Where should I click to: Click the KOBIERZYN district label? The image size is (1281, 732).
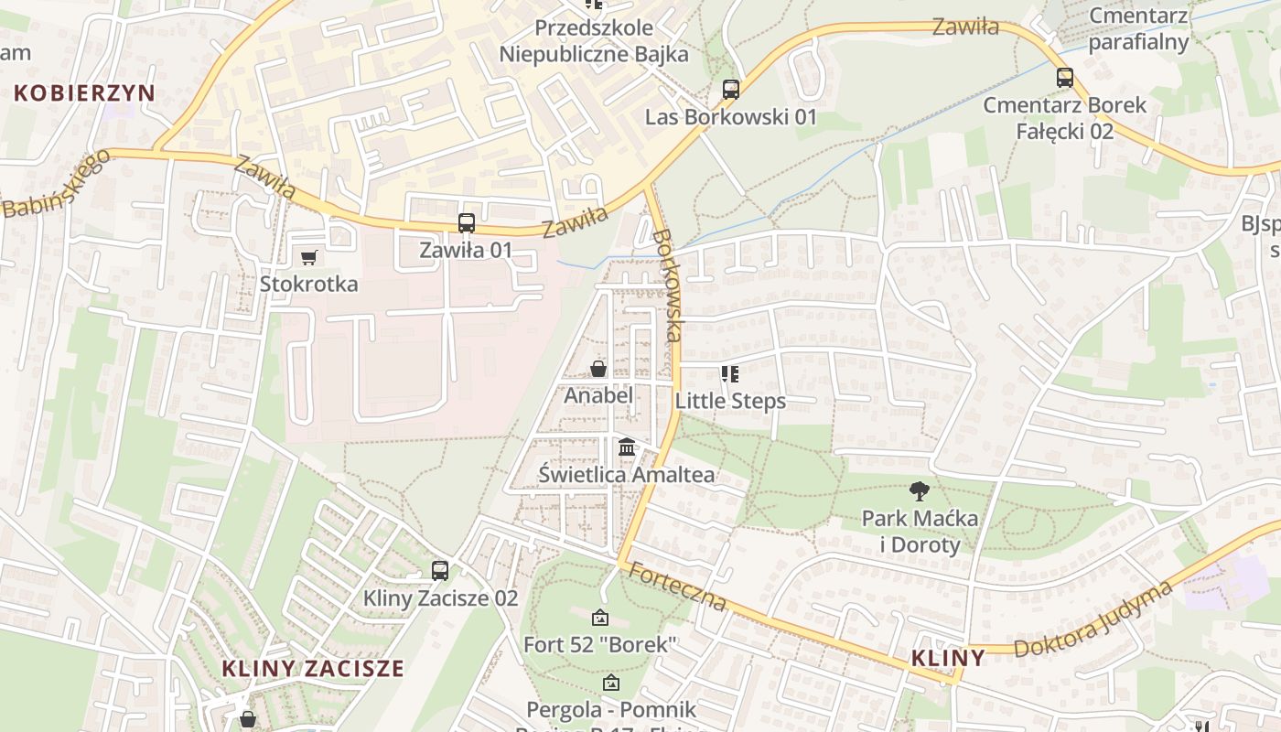84,92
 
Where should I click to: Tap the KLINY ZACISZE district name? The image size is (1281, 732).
313,668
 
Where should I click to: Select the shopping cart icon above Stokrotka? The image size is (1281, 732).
308,258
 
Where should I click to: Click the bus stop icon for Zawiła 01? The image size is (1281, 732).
466,222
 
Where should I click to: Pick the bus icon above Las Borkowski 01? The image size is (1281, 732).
730,90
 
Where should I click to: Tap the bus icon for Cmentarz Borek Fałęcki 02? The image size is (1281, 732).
1064,78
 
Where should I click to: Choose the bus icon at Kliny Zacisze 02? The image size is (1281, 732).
440,571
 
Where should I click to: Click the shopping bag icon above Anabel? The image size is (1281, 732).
598,369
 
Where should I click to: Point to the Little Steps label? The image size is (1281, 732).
730,401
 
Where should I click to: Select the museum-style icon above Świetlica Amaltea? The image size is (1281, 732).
627,447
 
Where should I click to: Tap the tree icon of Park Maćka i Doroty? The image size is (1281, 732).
919,491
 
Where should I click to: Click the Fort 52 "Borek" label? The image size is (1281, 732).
599,644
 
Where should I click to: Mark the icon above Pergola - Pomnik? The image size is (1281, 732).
610,683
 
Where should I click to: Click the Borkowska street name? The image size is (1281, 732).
667,285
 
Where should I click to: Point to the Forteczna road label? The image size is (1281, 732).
677,587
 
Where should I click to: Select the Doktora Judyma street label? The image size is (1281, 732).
1093,619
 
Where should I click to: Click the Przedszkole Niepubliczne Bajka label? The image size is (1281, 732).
593,41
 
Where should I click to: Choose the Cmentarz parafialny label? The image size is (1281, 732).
1138,28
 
